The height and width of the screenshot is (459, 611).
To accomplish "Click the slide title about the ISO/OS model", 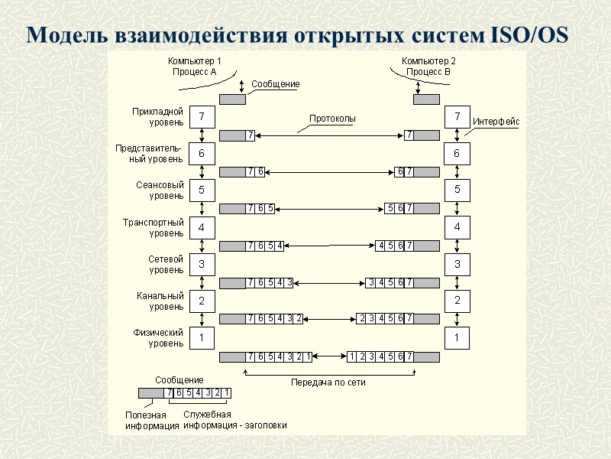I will coord(298,35).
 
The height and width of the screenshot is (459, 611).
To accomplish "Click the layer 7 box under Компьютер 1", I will coord(202,117).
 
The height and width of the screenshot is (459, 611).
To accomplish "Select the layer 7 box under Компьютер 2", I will coord(457,117).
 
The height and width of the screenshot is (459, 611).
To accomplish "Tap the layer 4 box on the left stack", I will coord(202,227).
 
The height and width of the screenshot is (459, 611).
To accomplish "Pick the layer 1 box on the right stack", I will coord(457,337).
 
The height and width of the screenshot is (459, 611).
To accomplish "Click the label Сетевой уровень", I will coord(166,264).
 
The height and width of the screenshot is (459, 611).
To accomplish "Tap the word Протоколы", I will coord(332,119).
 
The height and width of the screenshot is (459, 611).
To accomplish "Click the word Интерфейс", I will coord(496,121).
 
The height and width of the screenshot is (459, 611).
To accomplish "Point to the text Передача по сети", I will coord(328,382).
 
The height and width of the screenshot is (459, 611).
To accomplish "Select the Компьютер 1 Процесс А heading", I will coord(194,66).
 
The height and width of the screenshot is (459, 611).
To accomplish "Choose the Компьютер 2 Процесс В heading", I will coord(428,66).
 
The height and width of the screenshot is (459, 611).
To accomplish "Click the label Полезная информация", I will coord(147,420).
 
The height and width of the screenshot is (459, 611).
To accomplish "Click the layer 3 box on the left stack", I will coord(202,264).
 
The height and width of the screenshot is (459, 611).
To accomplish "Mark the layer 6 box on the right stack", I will coord(457,154).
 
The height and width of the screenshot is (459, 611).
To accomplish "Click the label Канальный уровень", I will coord(160,301).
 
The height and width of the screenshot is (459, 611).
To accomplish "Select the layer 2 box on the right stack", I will coord(457,301).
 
